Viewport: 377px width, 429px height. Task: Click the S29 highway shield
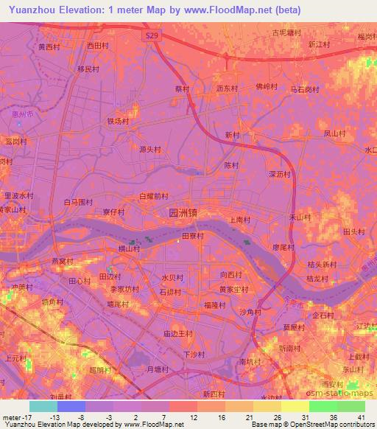(151, 35)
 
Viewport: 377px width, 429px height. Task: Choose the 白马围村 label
(79, 201)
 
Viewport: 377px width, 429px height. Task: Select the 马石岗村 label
(304, 89)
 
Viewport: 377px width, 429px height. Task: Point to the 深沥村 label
(281, 175)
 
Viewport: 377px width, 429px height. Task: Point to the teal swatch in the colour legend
(43, 406)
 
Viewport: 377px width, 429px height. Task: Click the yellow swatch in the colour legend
(295, 406)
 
